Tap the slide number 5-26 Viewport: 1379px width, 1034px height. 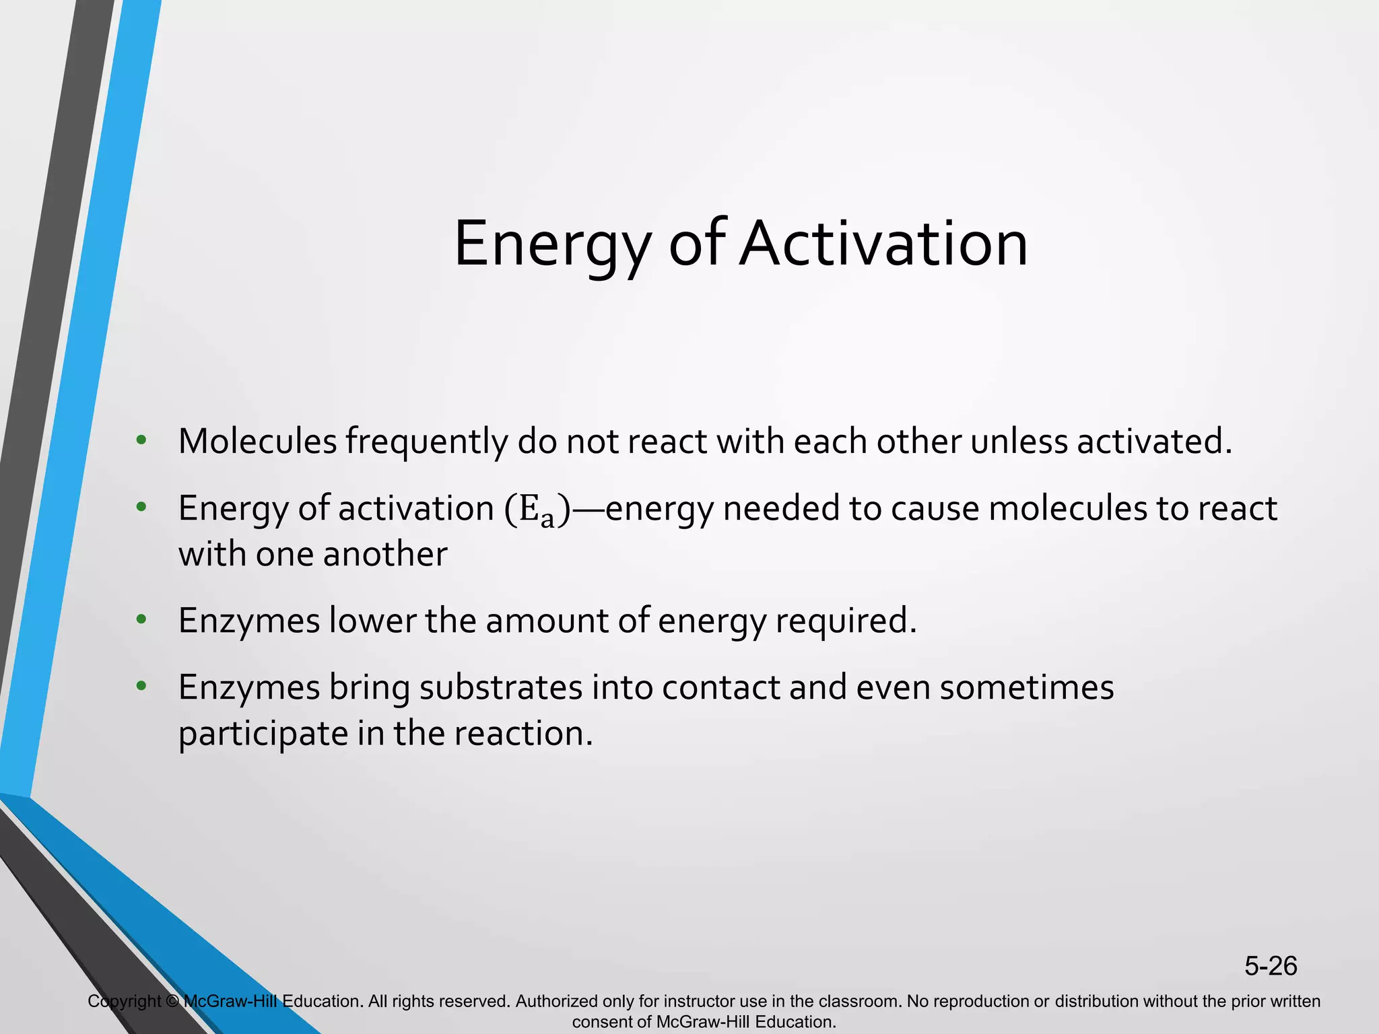click(1270, 966)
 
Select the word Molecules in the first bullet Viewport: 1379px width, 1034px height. click(257, 442)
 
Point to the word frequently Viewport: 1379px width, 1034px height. click(427, 443)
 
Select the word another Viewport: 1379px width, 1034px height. click(385, 555)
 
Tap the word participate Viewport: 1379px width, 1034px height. click(263, 734)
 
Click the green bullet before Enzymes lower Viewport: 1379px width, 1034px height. click(141, 619)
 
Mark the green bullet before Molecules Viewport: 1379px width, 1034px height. click(141, 441)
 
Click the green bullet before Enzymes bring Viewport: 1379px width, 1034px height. click(141, 686)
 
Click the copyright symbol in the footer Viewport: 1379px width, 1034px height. click(172, 1002)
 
